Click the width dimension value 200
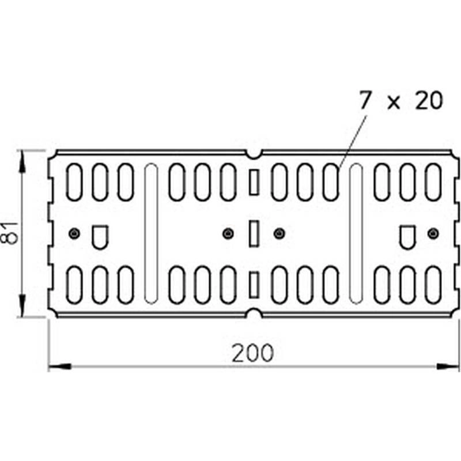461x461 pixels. [252, 353]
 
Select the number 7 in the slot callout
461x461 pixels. [364, 101]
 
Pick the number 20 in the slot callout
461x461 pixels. [428, 101]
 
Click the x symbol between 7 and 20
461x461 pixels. [394, 103]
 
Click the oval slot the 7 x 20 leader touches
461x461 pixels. [331, 182]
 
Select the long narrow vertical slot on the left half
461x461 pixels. [151, 233]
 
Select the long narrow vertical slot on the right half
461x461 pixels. [356, 233]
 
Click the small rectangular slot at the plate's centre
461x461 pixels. [253, 233]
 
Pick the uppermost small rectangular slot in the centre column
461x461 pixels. [253, 182]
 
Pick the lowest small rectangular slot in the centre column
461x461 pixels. [253, 285]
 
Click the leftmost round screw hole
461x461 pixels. [74, 233]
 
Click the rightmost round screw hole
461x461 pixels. [433, 233]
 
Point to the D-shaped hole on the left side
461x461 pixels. [100, 236]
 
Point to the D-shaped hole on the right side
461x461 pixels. [407, 236]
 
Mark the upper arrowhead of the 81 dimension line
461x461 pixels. [22, 162]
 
